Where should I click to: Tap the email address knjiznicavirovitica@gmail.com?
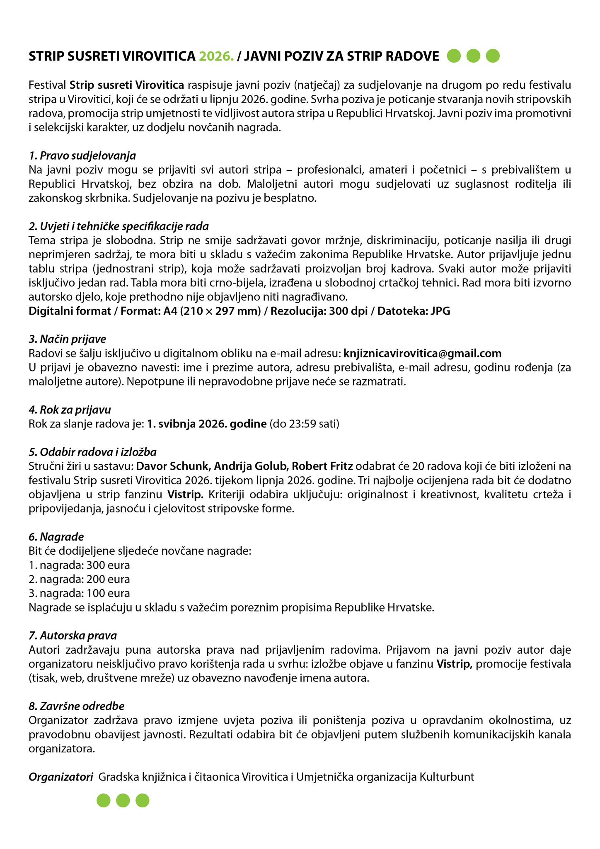[x=422, y=353]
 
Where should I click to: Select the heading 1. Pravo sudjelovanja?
[x=82, y=156]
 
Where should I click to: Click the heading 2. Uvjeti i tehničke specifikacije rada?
[x=119, y=226]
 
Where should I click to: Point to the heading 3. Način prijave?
[x=67, y=339]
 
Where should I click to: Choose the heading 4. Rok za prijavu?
[x=70, y=410]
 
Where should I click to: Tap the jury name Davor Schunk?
[x=173, y=466]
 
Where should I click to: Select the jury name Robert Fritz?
[x=322, y=466]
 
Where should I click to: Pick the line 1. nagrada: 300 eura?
[x=79, y=565]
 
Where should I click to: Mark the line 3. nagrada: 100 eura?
[x=79, y=593]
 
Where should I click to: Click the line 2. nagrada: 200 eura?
[x=79, y=579]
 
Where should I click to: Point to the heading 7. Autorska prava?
[x=73, y=636]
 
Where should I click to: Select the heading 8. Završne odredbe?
[x=76, y=706]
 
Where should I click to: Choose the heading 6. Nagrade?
[x=56, y=537]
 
